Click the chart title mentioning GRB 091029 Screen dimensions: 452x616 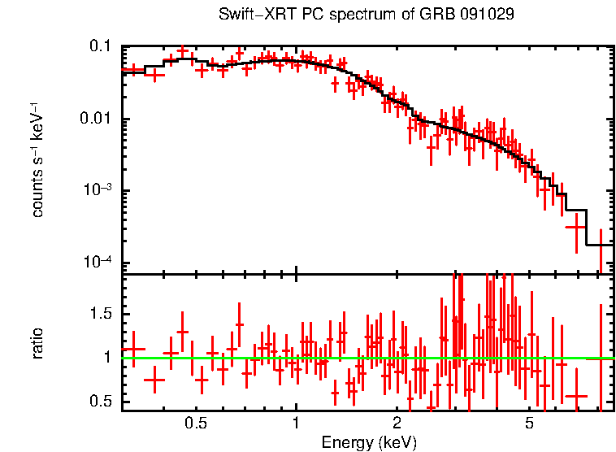[367, 15]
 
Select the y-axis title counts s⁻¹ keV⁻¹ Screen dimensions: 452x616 [37, 159]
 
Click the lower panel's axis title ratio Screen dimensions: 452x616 [37, 342]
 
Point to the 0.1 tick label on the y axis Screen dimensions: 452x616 [101, 47]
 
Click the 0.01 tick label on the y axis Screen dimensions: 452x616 [97, 120]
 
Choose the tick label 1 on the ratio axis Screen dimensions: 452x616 [109, 358]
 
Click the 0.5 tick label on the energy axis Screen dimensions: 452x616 [195, 424]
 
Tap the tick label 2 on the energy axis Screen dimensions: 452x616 [397, 424]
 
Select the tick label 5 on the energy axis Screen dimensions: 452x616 [529, 424]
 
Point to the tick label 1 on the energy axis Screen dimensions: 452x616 [296, 424]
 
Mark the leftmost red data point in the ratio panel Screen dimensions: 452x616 [132, 349]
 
